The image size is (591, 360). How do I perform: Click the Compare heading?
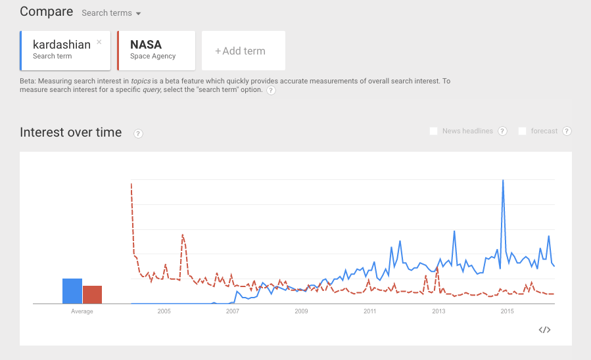45,12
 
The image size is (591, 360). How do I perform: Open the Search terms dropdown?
111,13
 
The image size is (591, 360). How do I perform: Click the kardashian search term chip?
62,49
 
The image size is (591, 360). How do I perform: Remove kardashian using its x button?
99,42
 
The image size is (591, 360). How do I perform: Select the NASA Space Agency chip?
155,49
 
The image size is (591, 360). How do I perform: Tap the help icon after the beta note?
271,90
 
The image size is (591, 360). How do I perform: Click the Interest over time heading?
71,132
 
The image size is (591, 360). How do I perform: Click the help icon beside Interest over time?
138,133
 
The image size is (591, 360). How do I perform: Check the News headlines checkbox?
434,131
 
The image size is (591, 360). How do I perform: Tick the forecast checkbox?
523,131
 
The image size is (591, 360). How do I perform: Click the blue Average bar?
72,291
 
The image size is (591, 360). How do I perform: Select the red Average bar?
92,294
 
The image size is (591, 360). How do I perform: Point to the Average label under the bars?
82,311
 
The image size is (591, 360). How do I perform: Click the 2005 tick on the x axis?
164,311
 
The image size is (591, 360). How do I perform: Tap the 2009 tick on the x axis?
301,311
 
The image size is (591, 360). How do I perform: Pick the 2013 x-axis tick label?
438,311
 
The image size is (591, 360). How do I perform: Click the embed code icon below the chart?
544,330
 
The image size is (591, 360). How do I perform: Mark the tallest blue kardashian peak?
503,181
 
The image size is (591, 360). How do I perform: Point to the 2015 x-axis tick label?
507,311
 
